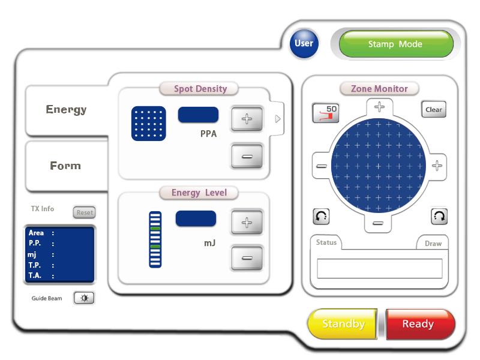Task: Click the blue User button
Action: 304,43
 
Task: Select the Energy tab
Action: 67,110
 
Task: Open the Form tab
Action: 66,166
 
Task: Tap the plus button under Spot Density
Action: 247,119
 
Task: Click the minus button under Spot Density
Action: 247,157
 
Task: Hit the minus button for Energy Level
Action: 247,258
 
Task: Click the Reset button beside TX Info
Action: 85,212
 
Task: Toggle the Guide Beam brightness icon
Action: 84,298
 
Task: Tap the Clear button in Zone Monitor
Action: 433,110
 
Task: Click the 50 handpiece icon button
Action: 326,113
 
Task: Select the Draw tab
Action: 433,244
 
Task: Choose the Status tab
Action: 326,242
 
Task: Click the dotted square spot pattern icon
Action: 148,124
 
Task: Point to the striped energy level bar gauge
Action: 155,239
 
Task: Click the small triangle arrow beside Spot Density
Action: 278,119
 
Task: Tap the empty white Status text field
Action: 380,268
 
